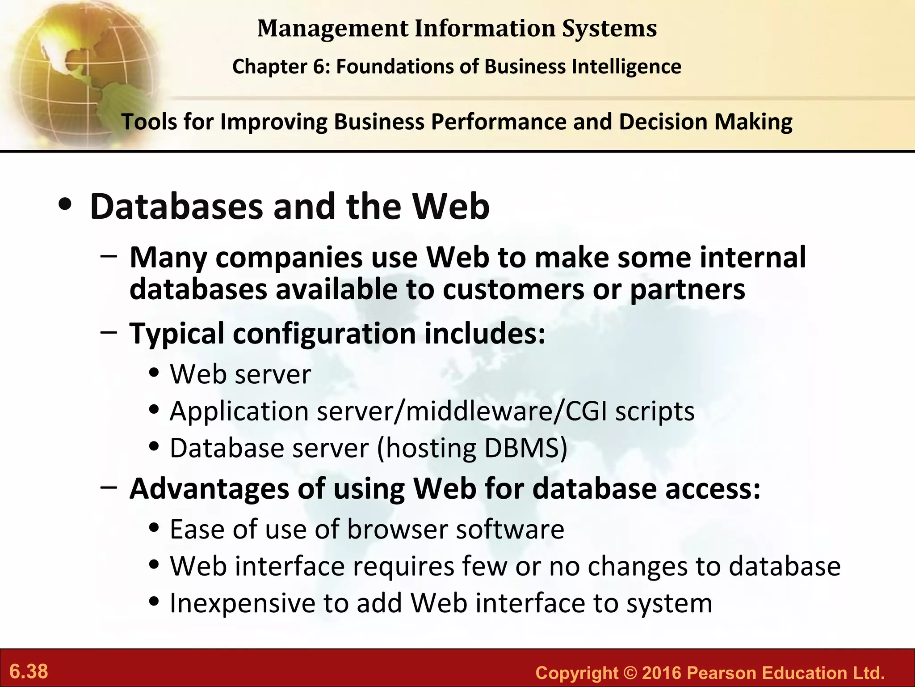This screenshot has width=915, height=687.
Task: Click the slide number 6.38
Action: coord(29,671)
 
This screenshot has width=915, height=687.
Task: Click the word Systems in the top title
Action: coord(609,29)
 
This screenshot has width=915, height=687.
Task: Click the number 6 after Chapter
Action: coord(323,67)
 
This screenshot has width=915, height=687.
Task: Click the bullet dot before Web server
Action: coord(154,373)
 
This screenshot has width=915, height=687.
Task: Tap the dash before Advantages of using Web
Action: coord(109,487)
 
